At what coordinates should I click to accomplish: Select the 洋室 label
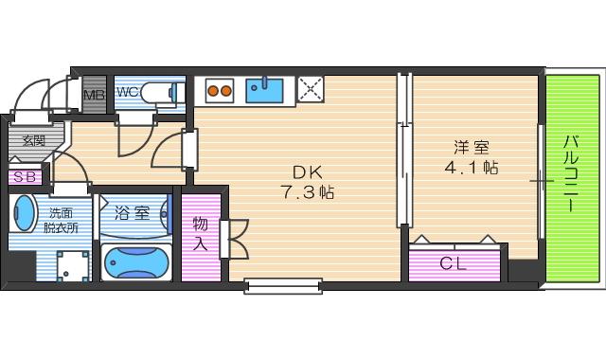click(x=471, y=148)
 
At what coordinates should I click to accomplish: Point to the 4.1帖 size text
click(x=471, y=168)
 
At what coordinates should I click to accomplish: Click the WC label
click(x=128, y=93)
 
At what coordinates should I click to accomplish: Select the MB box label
click(x=94, y=96)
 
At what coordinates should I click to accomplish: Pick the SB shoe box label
click(x=25, y=177)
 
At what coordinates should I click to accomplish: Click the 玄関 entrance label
click(x=34, y=141)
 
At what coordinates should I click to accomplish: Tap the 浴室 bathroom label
click(x=132, y=212)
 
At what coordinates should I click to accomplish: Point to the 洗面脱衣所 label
click(x=64, y=221)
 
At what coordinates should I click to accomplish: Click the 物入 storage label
click(x=201, y=233)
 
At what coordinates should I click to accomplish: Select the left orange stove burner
click(x=214, y=92)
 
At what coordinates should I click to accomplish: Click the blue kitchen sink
click(x=265, y=90)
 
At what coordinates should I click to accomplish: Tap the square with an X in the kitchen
click(x=310, y=90)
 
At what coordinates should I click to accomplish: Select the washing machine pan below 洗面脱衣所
click(x=68, y=264)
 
